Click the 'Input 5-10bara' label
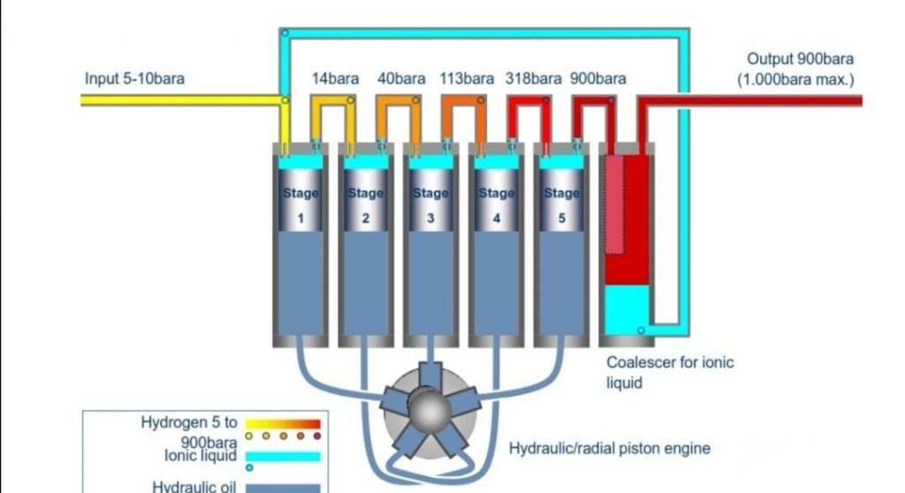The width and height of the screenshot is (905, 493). tap(134, 78)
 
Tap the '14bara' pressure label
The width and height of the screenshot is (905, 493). tap(335, 78)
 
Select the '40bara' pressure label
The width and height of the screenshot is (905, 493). tap(401, 78)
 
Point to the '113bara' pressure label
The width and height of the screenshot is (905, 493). tap(467, 78)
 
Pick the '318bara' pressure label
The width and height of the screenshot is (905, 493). tap(533, 78)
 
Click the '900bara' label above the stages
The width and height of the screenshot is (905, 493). tap(598, 78)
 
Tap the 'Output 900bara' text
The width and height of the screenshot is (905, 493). tap(801, 59)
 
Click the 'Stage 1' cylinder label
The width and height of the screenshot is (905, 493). tap(300, 204)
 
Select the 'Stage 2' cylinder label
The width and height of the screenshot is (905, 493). tap(365, 204)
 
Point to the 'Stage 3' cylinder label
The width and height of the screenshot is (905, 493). tap(430, 204)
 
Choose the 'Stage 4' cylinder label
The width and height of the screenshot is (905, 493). tap(496, 204)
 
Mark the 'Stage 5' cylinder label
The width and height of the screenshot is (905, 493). tap(561, 204)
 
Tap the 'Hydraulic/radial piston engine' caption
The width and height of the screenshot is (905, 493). tap(610, 449)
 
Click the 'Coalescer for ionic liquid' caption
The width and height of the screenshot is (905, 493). tap(669, 372)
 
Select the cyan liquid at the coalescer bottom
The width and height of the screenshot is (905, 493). tap(627, 305)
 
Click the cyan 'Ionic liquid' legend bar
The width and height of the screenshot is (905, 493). tap(282, 456)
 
